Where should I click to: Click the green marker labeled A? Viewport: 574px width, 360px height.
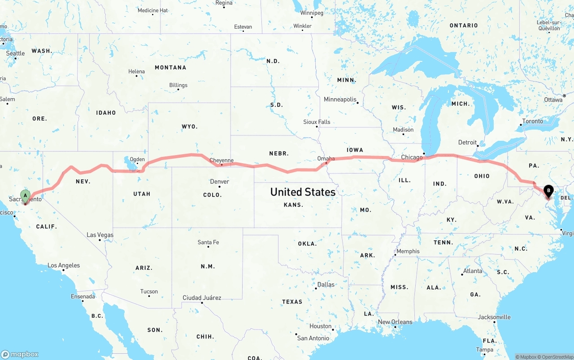(x=26, y=195)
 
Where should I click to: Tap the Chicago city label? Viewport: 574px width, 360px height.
(x=412, y=157)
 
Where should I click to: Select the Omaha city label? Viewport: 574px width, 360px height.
(x=326, y=159)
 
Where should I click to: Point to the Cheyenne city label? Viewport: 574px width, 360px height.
(x=222, y=160)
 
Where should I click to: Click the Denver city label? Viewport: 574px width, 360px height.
(x=219, y=182)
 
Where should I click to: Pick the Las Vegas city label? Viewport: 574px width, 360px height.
(x=100, y=235)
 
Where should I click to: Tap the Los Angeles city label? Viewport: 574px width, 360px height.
(x=64, y=265)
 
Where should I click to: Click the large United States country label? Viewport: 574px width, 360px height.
(x=303, y=192)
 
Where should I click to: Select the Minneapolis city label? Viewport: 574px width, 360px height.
(x=340, y=100)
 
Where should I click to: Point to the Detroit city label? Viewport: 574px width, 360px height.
(x=467, y=143)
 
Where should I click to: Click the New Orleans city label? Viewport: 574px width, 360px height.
(x=395, y=322)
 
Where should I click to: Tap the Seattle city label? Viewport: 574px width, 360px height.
(x=16, y=53)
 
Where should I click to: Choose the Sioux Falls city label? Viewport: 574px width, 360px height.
(x=317, y=122)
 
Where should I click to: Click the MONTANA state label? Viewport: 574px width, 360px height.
(x=170, y=68)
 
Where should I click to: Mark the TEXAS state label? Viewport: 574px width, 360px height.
(x=292, y=302)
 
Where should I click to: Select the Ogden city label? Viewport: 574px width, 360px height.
(x=137, y=160)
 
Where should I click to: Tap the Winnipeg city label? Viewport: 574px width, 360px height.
(x=312, y=13)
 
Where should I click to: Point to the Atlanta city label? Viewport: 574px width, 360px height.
(x=473, y=271)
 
